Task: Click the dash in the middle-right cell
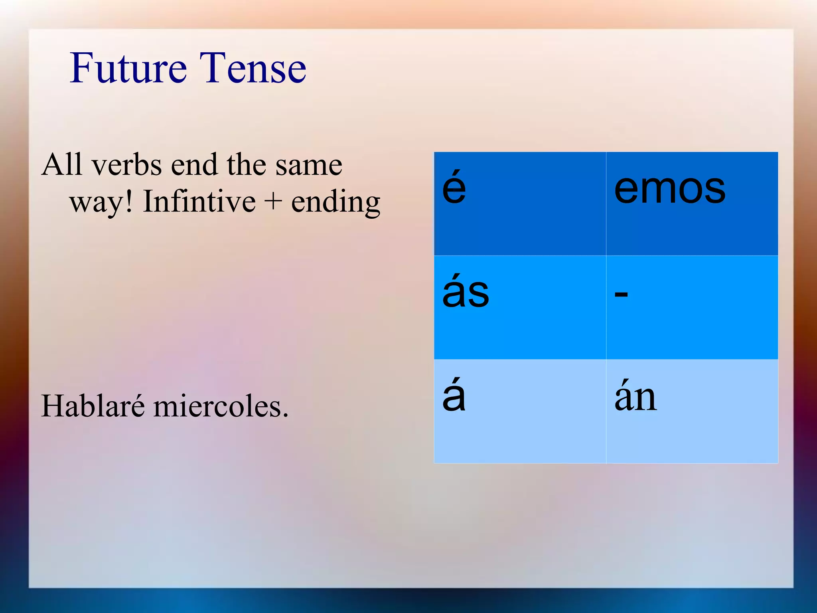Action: [x=621, y=295]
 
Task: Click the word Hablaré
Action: [x=93, y=406]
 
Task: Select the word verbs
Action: [x=126, y=165]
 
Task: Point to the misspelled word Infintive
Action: [x=199, y=202]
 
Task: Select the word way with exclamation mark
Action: [x=101, y=203]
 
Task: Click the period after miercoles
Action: [x=285, y=415]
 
